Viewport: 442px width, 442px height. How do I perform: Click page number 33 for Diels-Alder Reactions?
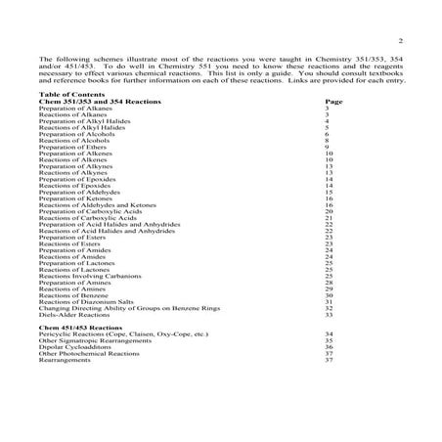tap(330, 315)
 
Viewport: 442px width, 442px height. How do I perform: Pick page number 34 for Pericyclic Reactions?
tap(330, 334)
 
